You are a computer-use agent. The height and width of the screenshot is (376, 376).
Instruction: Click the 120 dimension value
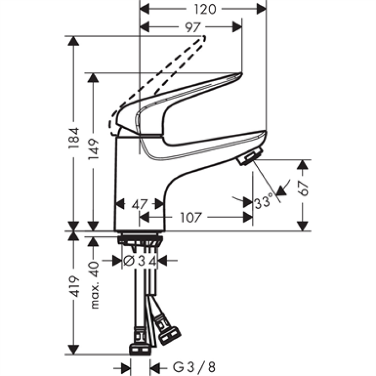click(205, 10)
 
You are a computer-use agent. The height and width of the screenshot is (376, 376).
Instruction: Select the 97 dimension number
click(192, 27)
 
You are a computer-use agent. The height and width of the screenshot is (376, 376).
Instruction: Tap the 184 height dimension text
click(74, 138)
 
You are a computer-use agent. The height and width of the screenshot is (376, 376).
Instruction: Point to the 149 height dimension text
click(93, 149)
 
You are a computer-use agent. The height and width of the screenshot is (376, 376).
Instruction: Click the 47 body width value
click(139, 205)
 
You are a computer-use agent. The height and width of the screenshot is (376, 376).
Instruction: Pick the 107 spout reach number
click(191, 218)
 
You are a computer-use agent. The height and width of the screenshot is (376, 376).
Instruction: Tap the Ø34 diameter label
click(140, 261)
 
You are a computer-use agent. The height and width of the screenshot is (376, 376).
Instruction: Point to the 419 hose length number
click(74, 286)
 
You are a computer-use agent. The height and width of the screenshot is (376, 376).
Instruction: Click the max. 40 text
click(94, 285)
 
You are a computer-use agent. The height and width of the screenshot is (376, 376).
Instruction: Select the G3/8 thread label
click(194, 367)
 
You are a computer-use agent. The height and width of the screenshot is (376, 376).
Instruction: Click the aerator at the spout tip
click(250, 156)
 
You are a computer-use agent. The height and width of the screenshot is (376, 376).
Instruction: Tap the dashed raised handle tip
click(204, 38)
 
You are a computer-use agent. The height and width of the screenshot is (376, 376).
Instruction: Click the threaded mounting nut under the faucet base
click(140, 240)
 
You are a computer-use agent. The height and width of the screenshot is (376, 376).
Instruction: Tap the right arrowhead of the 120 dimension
click(262, 9)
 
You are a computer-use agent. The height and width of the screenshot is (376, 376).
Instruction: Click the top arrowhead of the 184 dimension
click(74, 41)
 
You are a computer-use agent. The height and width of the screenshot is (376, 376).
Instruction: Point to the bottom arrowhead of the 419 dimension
click(74, 350)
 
